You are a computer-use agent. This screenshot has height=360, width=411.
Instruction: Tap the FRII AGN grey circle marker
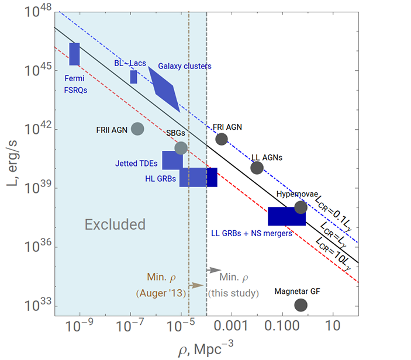pyautogui.click(x=137, y=129)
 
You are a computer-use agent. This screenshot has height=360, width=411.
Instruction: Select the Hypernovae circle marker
pyautogui.click(x=301, y=207)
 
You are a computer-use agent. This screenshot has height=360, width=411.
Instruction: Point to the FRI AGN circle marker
pyautogui.click(x=222, y=139)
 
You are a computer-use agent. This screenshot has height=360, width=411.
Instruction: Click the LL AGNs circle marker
pyautogui.click(x=257, y=168)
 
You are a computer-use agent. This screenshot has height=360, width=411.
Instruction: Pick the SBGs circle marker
pyautogui.click(x=181, y=148)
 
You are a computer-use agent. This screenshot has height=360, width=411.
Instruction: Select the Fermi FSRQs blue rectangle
pyautogui.click(x=74, y=54)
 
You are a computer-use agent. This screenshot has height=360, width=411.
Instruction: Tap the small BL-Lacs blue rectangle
pyautogui.click(x=133, y=77)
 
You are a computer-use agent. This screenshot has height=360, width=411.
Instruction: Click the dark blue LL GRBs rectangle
pyautogui.click(x=286, y=216)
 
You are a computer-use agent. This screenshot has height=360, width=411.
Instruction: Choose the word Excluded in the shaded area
pyautogui.click(x=115, y=224)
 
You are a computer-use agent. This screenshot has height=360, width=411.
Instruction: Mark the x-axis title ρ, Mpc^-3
pyautogui.click(x=205, y=349)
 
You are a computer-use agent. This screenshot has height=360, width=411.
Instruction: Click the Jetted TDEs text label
pyautogui.click(x=138, y=164)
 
